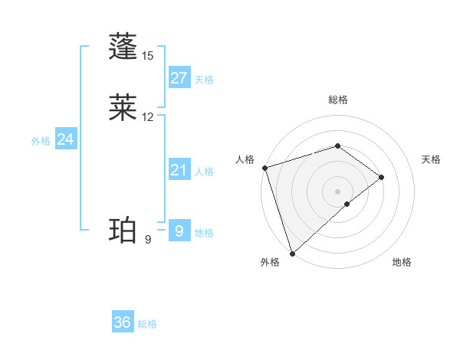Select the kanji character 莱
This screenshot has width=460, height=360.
point(124,107)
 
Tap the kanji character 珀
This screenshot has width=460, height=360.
point(124,230)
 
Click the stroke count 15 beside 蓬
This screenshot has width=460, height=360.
point(148,56)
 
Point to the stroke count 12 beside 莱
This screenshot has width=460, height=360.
point(148,117)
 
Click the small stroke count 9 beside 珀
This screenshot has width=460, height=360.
point(148,240)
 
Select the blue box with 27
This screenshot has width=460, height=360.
point(179,78)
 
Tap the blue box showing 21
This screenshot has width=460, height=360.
point(179,171)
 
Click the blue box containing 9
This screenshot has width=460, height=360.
point(179,231)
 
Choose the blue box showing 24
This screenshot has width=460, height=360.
point(65,139)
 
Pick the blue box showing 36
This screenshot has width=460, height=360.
point(123,322)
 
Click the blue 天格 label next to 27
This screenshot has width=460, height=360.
point(204,80)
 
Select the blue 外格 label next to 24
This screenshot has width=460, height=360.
point(41,141)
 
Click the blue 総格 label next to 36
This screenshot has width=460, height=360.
point(148,324)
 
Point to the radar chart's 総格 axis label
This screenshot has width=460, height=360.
point(338,100)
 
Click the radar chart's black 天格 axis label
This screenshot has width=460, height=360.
point(432,159)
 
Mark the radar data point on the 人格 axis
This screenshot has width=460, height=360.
point(264,168)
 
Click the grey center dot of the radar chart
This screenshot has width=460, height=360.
point(338,191)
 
